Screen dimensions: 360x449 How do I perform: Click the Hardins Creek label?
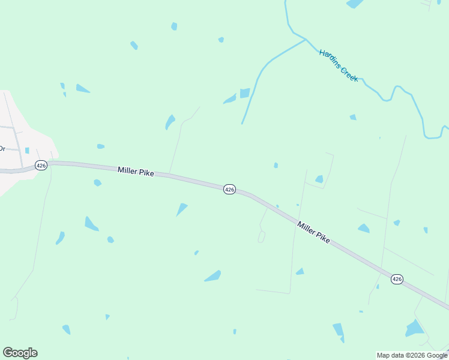(x=339, y=65)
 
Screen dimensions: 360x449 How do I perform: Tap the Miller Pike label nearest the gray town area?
(x=136, y=172)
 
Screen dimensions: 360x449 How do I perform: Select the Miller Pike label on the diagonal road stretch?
(x=313, y=231)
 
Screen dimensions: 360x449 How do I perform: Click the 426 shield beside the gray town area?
(x=41, y=165)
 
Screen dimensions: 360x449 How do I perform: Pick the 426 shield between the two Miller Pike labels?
(x=229, y=189)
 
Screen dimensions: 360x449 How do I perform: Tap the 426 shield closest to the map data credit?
(x=397, y=279)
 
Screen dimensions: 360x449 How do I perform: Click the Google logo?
(x=20, y=353)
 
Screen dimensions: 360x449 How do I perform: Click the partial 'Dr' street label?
(x=2, y=148)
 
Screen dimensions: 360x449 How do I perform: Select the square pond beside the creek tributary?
(x=245, y=93)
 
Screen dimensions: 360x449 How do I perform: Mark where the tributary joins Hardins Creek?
(x=306, y=40)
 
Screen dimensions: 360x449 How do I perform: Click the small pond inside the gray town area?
(x=27, y=150)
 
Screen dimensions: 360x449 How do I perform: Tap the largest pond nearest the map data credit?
(x=414, y=328)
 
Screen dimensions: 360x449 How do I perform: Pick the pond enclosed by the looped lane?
(x=319, y=179)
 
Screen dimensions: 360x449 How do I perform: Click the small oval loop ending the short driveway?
(x=262, y=237)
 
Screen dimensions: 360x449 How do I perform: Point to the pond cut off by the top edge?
(x=355, y=4)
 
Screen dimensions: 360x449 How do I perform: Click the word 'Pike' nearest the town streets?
(x=146, y=173)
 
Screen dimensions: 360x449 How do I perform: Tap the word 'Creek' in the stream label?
(x=349, y=74)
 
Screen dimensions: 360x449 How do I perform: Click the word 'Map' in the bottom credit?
(x=384, y=355)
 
